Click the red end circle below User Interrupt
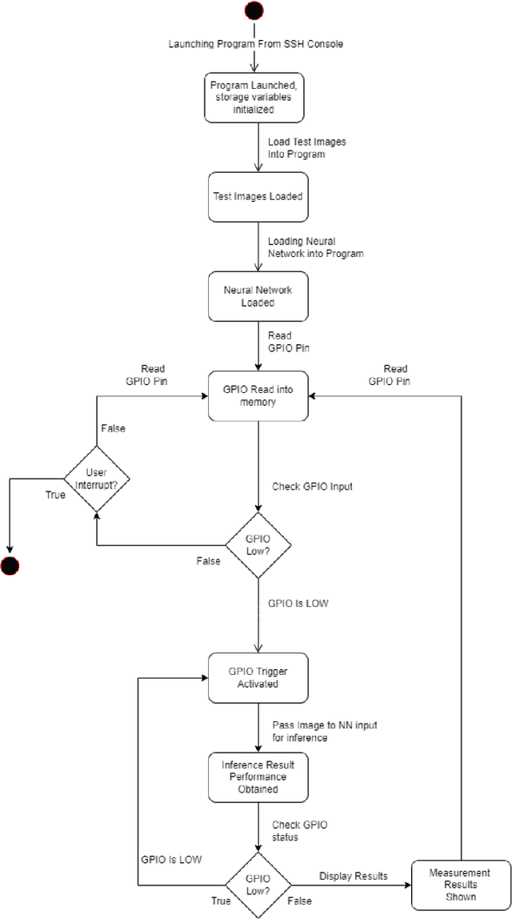pos(9,567)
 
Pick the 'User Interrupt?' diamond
pos(96,479)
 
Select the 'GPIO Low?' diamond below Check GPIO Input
pos(258,545)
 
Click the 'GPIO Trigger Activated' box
pos(258,677)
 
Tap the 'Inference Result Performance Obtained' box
pos(258,777)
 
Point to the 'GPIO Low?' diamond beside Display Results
pos(258,884)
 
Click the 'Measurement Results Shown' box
pos(460,885)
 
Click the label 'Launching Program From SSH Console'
pos(256,43)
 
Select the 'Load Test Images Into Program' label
pos(296,148)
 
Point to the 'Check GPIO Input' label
pos(313,486)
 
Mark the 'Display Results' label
pos(354,876)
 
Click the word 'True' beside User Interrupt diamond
pos(55,495)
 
